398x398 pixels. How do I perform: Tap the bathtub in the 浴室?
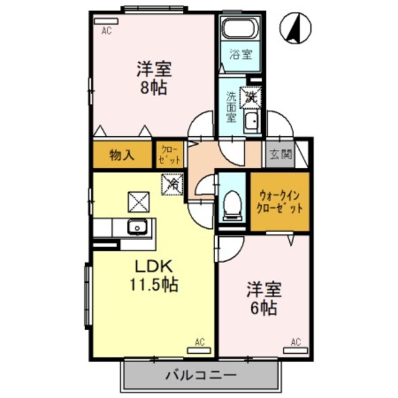239,29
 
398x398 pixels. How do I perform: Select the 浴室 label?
240,53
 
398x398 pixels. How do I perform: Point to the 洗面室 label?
231,107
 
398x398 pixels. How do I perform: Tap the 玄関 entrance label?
278,155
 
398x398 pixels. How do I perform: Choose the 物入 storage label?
122,155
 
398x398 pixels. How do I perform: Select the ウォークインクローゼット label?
280,200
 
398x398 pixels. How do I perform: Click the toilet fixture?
233,203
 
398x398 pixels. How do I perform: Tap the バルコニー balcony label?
200,376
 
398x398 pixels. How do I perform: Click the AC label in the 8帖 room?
106,29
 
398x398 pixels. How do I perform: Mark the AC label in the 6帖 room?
295,341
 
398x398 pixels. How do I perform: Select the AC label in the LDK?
200,341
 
